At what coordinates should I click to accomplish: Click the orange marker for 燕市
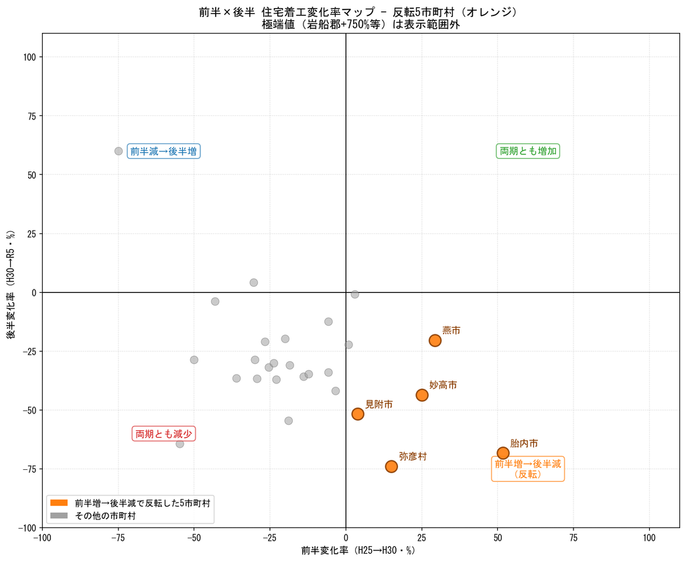point(434,340)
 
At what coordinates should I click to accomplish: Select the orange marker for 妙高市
point(422,395)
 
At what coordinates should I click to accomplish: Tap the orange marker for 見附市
point(358,414)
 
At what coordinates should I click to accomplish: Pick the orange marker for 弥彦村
point(391,466)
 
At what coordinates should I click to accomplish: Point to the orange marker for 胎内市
point(503,453)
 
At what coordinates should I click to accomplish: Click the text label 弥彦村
point(413,456)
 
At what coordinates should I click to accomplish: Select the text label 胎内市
point(524,443)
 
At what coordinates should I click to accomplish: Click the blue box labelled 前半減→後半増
point(163,151)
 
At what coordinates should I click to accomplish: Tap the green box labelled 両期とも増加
point(528,151)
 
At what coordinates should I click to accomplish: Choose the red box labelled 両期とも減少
point(163,434)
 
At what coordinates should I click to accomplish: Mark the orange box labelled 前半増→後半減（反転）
point(528,469)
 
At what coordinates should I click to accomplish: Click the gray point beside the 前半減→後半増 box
point(118,151)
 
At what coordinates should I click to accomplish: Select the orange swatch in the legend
point(59,503)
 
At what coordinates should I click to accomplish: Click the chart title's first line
point(358,12)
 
